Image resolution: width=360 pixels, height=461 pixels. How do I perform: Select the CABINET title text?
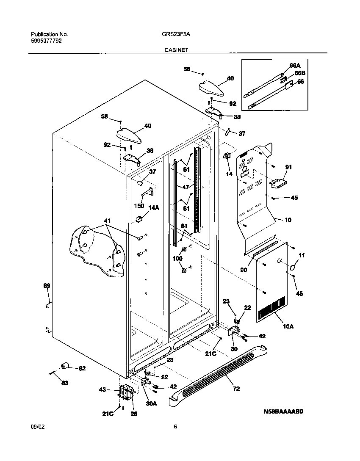click(x=177, y=50)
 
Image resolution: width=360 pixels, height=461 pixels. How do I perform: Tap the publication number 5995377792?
click(x=49, y=41)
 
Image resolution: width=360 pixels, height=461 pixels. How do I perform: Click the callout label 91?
click(x=288, y=167)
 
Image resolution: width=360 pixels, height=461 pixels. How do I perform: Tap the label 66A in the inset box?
click(x=295, y=66)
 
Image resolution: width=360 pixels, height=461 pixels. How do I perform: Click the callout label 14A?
click(x=153, y=208)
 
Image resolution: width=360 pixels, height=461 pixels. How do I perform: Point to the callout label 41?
click(x=107, y=221)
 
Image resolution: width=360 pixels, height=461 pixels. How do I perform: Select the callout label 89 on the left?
click(x=47, y=286)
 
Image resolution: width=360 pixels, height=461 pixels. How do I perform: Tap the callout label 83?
click(x=64, y=383)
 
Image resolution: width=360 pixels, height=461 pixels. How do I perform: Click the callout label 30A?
click(x=152, y=404)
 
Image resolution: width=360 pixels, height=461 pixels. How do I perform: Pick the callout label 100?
click(x=177, y=258)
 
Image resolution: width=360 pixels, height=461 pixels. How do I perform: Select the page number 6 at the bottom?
click(x=175, y=426)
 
